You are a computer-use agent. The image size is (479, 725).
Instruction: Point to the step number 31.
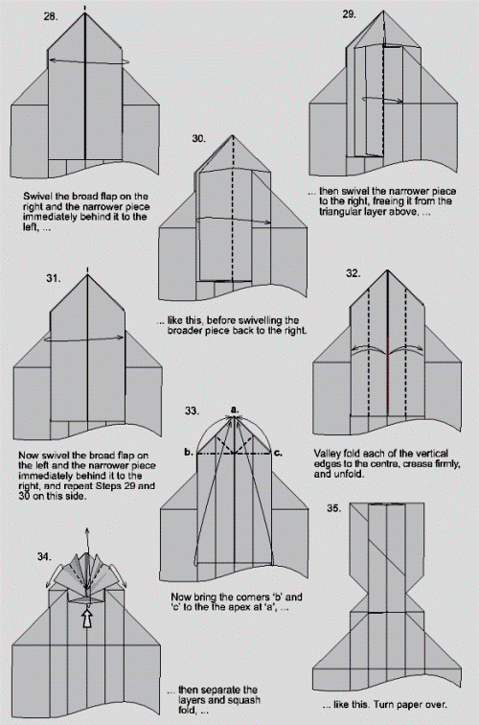pyautogui.click(x=52, y=278)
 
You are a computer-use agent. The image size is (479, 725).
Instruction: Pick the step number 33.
pyautogui.click(x=192, y=410)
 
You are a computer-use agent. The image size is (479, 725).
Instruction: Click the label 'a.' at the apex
pyautogui.click(x=234, y=409)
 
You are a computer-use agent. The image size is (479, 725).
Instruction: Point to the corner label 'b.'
pyautogui.click(x=190, y=451)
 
